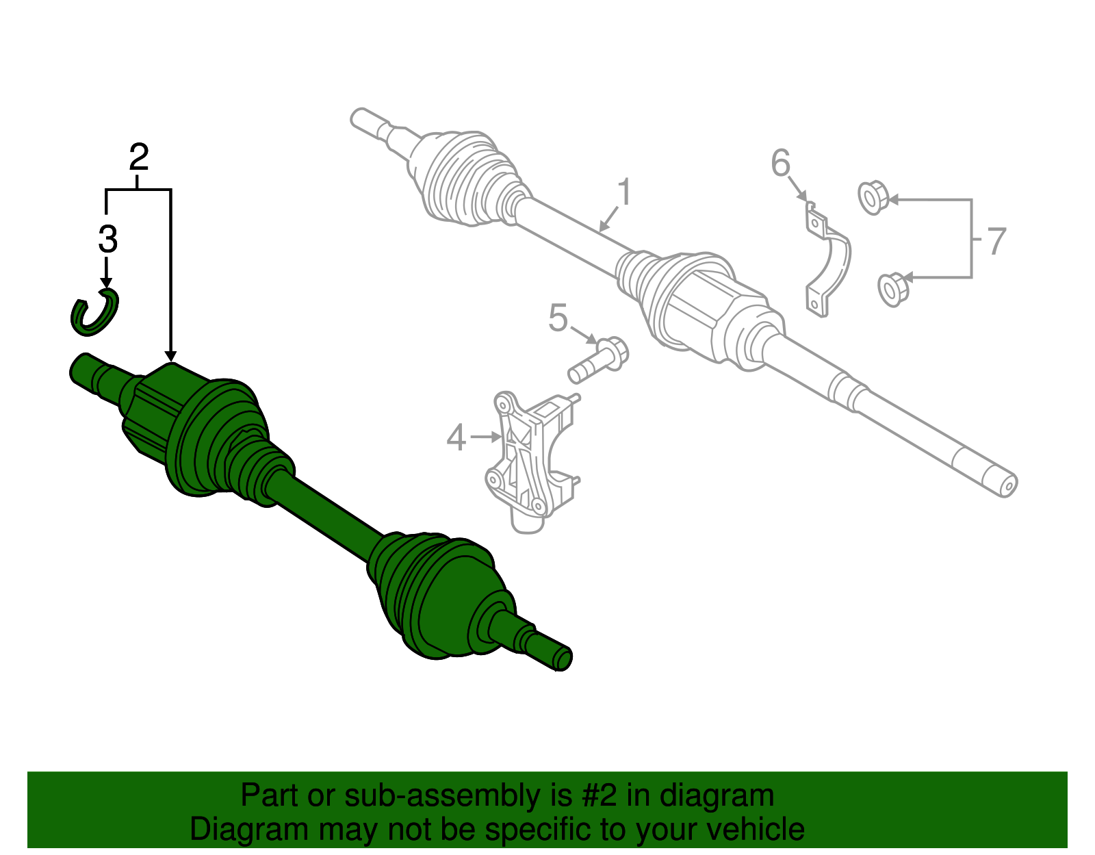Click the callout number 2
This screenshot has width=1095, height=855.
point(139,158)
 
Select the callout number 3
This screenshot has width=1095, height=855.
point(107,240)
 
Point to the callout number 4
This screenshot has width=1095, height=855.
point(456,437)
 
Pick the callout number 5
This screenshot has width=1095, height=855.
point(558,318)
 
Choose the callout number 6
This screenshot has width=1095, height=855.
point(780,164)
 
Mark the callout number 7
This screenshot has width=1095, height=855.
point(996,241)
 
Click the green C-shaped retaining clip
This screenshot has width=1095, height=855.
point(95,313)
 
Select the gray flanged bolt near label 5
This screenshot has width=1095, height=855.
point(599,359)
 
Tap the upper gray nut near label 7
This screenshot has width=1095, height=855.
point(873,197)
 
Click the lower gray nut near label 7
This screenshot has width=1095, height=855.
point(892,289)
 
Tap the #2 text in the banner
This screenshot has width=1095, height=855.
point(599,795)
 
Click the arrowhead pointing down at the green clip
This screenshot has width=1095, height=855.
point(107,283)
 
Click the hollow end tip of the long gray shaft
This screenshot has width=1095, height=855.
point(1006,485)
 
